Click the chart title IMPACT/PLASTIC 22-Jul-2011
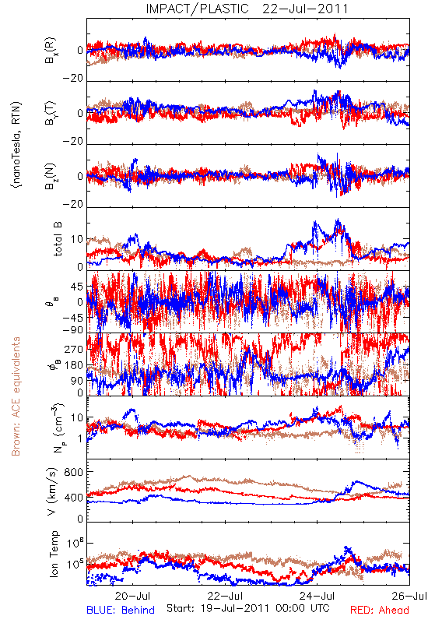pos(247,9)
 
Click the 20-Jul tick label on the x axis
pos(132,596)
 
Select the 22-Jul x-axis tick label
pos(225,596)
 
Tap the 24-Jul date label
pos(317,596)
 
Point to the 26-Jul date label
pos(409,596)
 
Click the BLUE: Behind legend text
pos(121,610)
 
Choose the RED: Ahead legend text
pos(380,610)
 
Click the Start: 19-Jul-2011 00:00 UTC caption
pos(247,608)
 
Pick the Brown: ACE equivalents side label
pos(16,396)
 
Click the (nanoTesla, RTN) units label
pos(16,145)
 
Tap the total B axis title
pos(57,239)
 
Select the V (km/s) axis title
pos(52,491)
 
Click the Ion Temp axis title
pos(54,554)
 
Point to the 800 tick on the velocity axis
pos(73,472)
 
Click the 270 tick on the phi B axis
pos(74,349)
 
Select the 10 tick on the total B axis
pos(77,239)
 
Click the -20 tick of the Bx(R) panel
pos(73,79)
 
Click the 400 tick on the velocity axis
pos(73,498)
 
